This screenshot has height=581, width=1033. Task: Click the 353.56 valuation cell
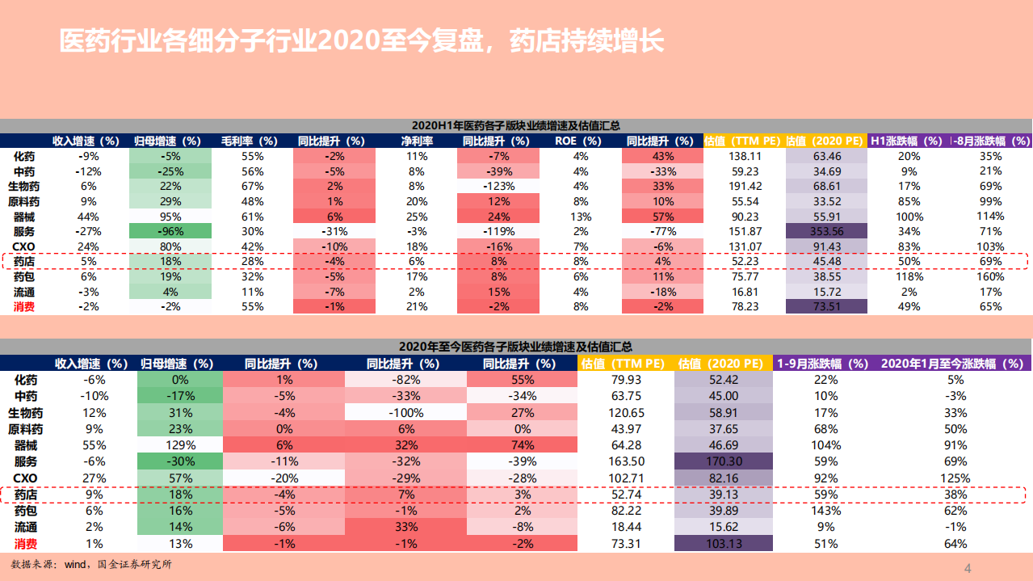826,231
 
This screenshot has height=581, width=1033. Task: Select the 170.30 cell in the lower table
723,461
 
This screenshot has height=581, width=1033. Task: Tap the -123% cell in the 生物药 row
498,186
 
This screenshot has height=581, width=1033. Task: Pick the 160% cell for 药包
990,276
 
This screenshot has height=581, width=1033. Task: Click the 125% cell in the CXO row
955,478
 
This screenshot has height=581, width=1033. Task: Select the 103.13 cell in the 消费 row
723,544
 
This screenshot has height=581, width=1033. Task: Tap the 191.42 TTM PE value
745,186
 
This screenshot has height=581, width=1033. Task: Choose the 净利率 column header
417,141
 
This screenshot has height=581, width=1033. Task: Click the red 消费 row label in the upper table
24,306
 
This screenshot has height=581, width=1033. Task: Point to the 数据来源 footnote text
91,564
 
